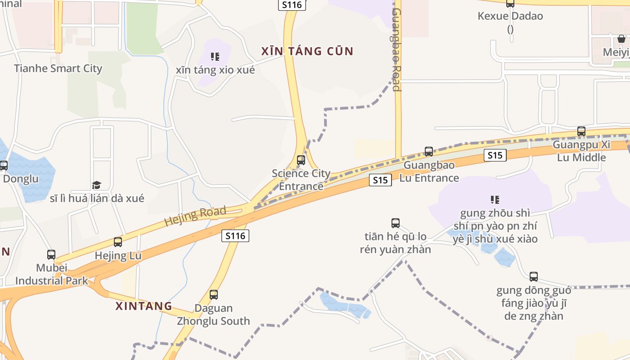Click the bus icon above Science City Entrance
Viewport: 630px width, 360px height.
point(301,160)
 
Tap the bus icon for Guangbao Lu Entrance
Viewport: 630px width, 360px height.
point(429,152)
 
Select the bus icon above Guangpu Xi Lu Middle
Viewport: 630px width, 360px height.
point(581,131)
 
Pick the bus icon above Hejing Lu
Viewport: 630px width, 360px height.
point(118,242)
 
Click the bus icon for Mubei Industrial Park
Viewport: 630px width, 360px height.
point(51,255)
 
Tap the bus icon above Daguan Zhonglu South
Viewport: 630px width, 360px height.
point(214,295)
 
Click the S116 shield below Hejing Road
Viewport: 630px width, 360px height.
point(235,235)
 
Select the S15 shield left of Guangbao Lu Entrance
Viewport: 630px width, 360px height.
point(380,180)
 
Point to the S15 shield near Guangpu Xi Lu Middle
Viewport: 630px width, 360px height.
point(495,155)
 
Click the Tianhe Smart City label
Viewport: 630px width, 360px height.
point(58,68)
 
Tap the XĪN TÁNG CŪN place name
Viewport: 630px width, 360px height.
point(307,51)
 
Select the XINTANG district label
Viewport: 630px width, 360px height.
point(144,306)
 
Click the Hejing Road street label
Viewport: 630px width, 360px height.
point(195,216)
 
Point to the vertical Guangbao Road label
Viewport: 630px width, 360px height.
point(396,49)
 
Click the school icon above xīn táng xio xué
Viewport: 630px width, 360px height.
point(215,57)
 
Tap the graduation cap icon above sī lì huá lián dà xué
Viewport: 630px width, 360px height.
point(97,185)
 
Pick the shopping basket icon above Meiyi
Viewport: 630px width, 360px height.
point(621,39)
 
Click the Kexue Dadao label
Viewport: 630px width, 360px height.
point(510,16)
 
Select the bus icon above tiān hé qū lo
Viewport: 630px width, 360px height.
point(396,223)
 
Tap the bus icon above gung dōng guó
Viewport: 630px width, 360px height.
point(534,277)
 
